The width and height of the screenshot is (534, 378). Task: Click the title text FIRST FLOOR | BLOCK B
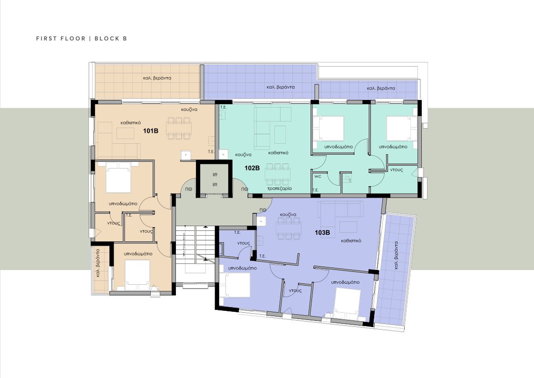click(x=81, y=39)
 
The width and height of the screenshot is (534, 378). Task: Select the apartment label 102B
click(x=252, y=168)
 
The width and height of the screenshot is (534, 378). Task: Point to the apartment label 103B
click(x=322, y=233)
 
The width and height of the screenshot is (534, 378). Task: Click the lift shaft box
click(x=214, y=179)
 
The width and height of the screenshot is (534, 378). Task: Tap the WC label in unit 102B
click(x=318, y=176)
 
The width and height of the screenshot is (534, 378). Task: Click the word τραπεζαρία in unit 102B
click(x=279, y=189)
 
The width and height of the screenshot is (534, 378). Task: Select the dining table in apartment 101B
click(x=179, y=128)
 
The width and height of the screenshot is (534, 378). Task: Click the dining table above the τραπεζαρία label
click(x=278, y=174)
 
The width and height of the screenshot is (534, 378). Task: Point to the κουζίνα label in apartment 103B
click(x=288, y=215)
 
